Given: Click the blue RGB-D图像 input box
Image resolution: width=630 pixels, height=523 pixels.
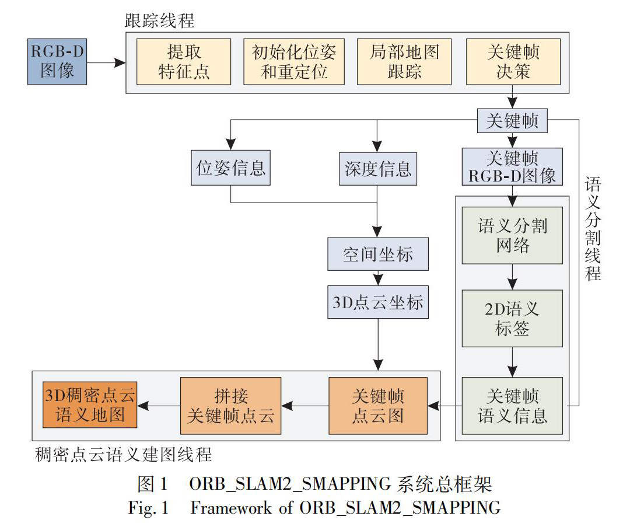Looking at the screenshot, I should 57,61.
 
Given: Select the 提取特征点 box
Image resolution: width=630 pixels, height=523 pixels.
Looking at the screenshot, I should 184,61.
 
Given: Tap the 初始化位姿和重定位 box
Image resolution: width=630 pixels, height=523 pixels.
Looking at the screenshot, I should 294,61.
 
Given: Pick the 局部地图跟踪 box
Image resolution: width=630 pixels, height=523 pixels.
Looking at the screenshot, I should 404,61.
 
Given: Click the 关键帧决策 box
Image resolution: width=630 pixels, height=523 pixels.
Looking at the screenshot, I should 513,61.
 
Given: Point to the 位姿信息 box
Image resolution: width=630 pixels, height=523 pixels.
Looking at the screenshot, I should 231,168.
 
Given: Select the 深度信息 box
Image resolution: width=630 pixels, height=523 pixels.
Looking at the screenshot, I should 378,168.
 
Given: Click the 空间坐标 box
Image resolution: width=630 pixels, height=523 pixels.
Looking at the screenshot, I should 378,254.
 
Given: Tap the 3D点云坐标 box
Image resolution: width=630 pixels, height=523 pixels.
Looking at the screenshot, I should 378,303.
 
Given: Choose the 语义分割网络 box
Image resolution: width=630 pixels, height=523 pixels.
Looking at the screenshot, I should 513,235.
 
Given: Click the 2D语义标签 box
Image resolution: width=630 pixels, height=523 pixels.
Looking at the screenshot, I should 513,318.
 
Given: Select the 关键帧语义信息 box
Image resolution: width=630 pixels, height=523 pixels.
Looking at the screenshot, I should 513,406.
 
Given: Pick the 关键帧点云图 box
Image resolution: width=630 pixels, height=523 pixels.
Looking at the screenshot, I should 378,406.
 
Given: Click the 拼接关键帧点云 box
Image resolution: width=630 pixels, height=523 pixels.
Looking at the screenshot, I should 230,406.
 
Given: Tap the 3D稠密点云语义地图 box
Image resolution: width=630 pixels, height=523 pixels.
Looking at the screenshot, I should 89,406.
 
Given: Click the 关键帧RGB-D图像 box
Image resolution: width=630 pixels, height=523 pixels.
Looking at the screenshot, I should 513,166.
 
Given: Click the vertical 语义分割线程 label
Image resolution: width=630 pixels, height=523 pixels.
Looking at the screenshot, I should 593,231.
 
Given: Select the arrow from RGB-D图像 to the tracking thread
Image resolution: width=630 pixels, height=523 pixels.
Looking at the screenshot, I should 107,61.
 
